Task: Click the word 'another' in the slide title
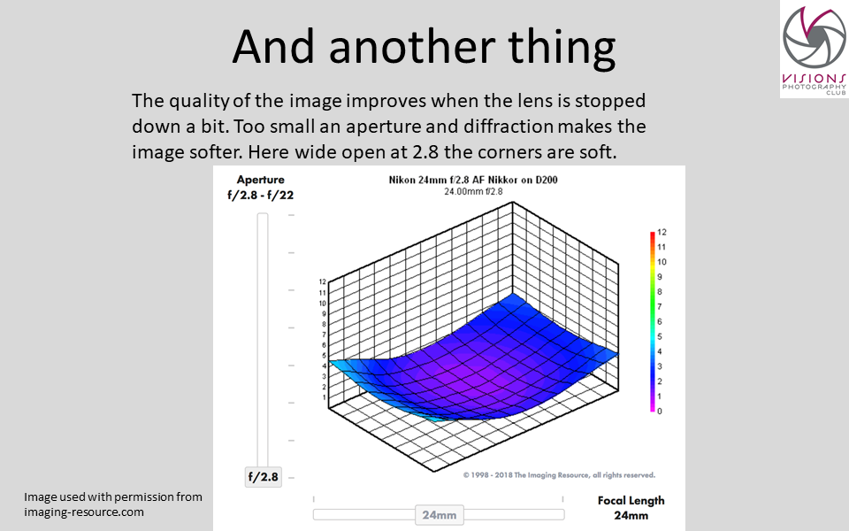click(412, 47)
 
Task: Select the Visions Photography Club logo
click(814, 50)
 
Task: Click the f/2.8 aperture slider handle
click(264, 477)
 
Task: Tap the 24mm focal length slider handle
click(440, 515)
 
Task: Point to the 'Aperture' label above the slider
click(260, 180)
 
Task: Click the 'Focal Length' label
click(631, 501)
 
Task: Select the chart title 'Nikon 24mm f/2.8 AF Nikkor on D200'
click(473, 180)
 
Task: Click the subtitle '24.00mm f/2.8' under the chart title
click(473, 192)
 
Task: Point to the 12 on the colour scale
click(662, 232)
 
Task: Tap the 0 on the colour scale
click(660, 412)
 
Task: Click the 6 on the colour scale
click(660, 321)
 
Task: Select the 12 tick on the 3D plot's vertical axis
click(323, 281)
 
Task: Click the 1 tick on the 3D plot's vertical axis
click(325, 397)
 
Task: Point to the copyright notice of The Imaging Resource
click(559, 475)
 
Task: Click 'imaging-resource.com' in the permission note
click(84, 512)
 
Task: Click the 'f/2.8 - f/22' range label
click(260, 195)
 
